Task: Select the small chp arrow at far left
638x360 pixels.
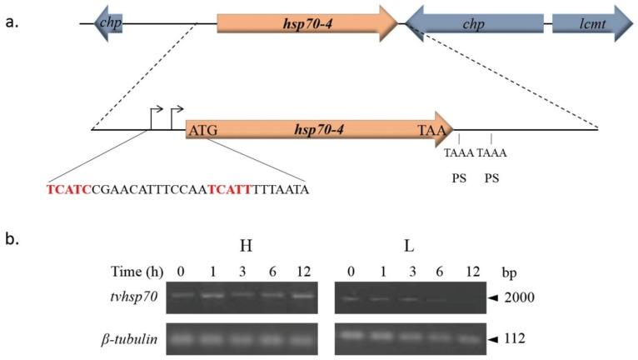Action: pyautogui.click(x=109, y=22)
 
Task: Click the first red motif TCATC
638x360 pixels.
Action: pyautogui.click(x=66, y=189)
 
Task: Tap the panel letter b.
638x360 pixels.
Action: pyautogui.click(x=12, y=240)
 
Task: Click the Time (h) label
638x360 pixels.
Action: pyautogui.click(x=137, y=272)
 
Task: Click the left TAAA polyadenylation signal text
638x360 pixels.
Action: pyautogui.click(x=459, y=153)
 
